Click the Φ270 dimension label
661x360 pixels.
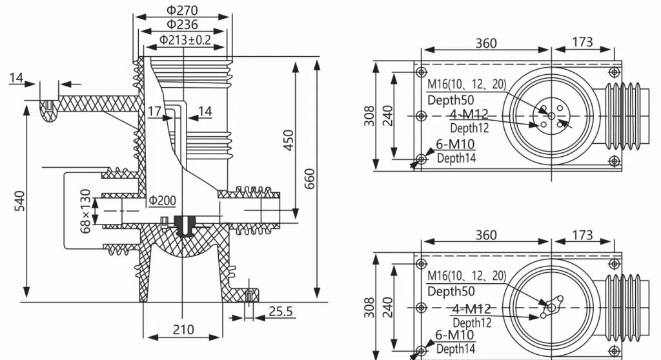point(182,10)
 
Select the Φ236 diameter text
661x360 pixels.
point(182,24)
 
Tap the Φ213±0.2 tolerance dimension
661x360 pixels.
point(185,39)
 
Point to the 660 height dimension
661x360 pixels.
point(309,178)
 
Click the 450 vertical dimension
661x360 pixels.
point(289,140)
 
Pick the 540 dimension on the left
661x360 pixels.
point(19,201)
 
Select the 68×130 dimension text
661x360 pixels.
point(85,211)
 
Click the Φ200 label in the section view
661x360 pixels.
point(162,201)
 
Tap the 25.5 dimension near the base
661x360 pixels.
point(280,311)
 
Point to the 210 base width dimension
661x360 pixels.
point(183,329)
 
